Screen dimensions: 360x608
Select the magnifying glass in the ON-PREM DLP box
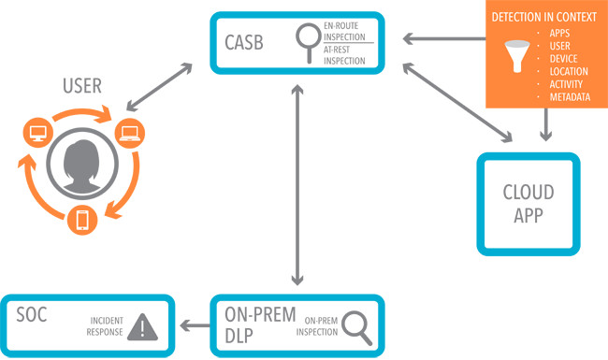click(355, 324)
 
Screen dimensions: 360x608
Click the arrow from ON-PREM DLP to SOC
click(194, 325)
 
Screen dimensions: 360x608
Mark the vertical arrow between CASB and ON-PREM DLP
click(297, 182)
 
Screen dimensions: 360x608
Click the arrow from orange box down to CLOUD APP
click(546, 125)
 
